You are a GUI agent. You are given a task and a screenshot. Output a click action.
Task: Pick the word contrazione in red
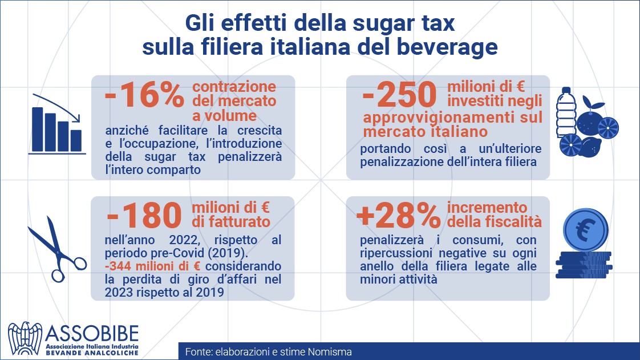[234, 87]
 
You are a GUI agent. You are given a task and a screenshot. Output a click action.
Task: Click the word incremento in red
[487, 208]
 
